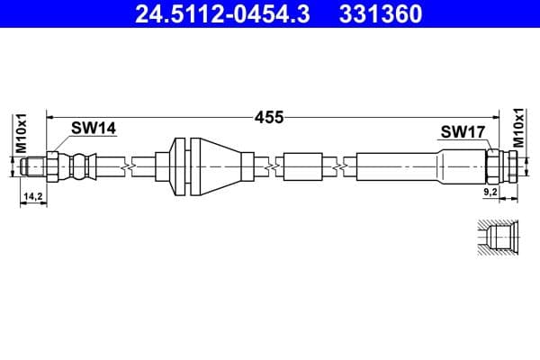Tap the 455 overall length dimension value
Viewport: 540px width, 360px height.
point(269,117)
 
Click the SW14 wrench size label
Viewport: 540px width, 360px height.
point(94,129)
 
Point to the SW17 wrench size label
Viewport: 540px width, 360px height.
point(463,132)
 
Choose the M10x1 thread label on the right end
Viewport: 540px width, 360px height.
point(518,128)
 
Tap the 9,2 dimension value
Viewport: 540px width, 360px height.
point(490,193)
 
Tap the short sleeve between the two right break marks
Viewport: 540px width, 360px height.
point(302,166)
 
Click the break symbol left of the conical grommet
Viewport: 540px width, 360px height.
point(133,166)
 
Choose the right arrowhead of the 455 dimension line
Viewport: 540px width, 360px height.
point(504,117)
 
